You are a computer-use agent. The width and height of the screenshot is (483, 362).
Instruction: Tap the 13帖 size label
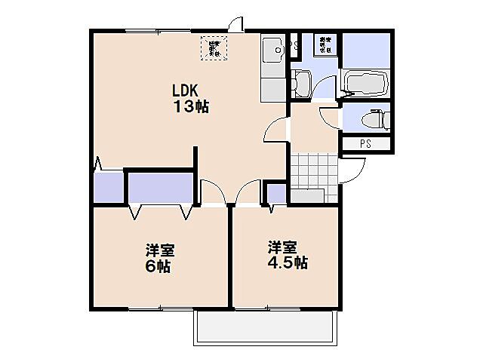[191, 107]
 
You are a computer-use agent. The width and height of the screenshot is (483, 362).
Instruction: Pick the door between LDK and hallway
[276, 133]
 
